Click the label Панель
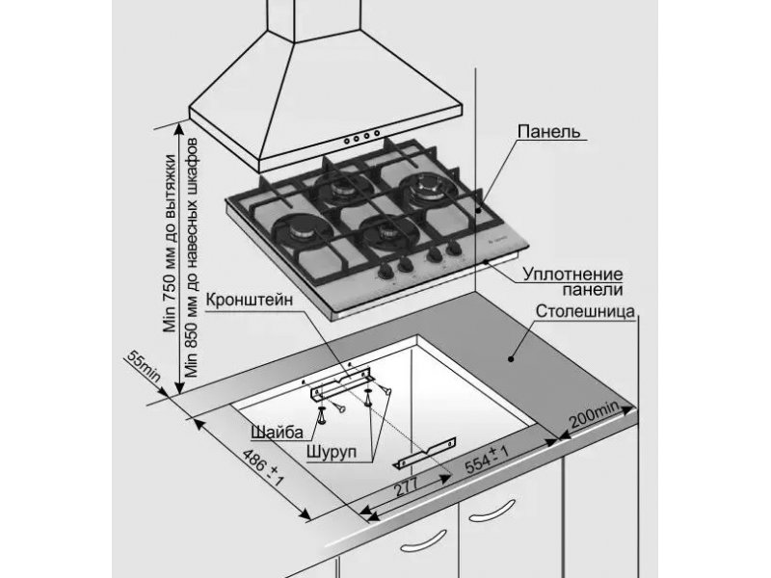[548, 131]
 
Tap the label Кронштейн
[249, 300]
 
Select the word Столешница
[585, 311]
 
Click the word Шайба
[278, 432]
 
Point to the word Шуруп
[332, 452]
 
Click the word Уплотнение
[572, 274]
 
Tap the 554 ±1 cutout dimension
[487, 459]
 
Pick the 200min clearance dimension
[594, 414]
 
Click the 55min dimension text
[144, 366]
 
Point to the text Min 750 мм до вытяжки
[170, 244]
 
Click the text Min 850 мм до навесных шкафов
[191, 257]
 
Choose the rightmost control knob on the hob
[455, 248]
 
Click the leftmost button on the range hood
[347, 141]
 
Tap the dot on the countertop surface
[511, 358]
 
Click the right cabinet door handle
[492, 511]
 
